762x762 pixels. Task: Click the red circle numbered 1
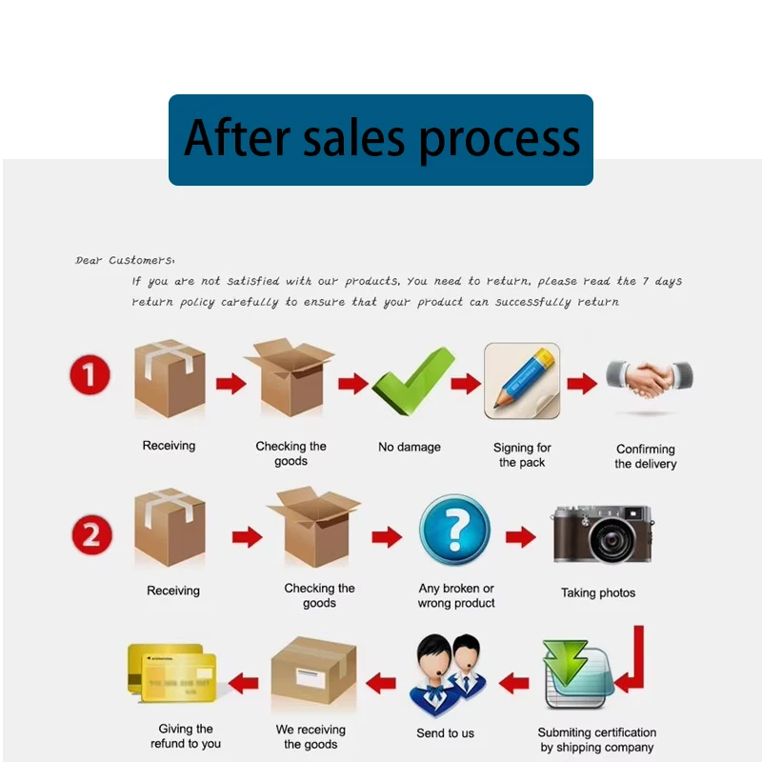(90, 374)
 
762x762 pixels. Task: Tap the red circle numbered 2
(91, 534)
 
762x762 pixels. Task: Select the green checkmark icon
(413, 382)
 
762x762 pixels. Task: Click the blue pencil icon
(522, 381)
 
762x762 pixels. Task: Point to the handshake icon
(650, 378)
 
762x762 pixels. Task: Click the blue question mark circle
(454, 530)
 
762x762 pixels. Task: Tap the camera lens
(612, 539)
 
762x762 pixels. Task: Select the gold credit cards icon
(172, 673)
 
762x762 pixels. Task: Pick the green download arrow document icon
(577, 673)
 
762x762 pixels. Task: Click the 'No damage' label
(410, 447)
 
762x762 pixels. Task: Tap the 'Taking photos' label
(598, 592)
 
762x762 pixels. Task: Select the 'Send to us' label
(445, 733)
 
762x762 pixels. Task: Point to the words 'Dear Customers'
(124, 260)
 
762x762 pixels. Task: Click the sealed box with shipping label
(313, 671)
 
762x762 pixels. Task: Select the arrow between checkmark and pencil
(466, 384)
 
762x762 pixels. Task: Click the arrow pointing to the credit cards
(243, 683)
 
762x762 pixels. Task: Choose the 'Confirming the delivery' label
(646, 456)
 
